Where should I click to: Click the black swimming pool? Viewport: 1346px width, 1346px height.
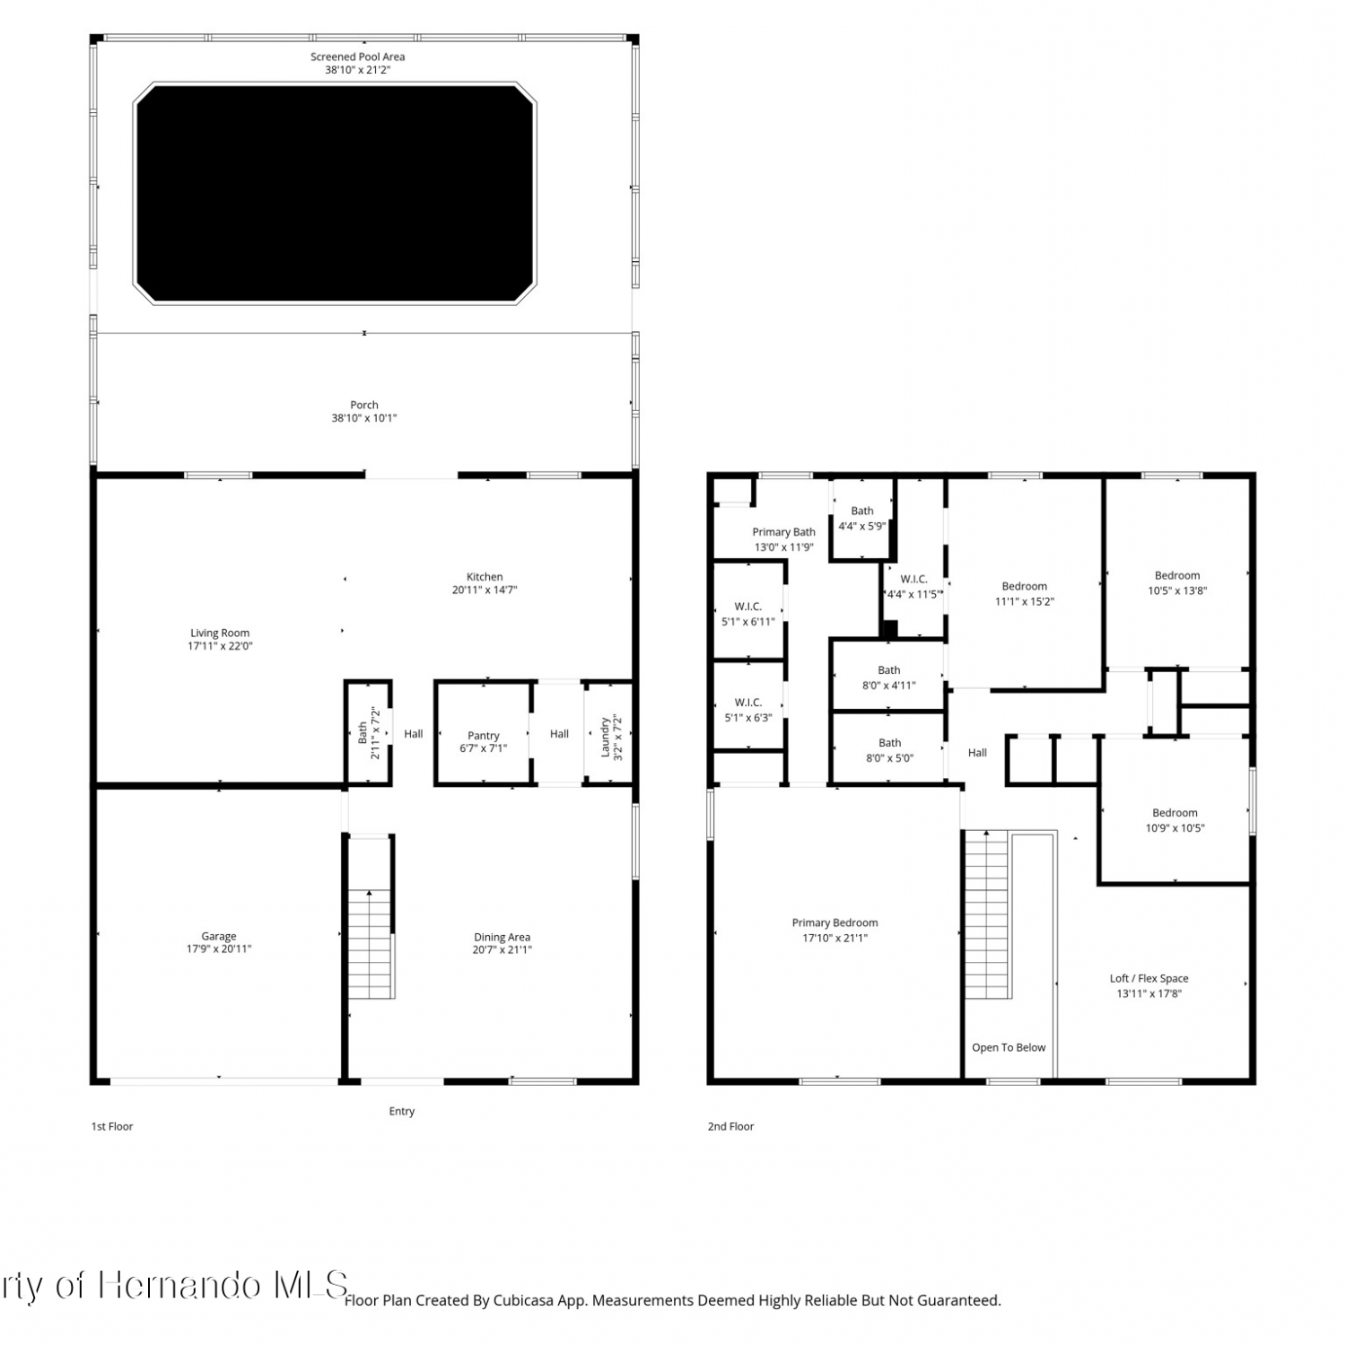click(x=335, y=193)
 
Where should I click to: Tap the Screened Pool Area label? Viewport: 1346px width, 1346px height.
click(x=357, y=57)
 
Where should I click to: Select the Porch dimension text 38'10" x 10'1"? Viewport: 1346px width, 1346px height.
click(x=363, y=418)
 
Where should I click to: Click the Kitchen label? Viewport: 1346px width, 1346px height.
click(x=485, y=577)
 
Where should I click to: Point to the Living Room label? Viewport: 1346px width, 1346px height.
click(x=220, y=633)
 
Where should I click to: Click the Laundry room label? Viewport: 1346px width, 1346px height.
click(x=606, y=737)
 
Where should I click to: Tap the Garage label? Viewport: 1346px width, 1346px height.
click(x=219, y=936)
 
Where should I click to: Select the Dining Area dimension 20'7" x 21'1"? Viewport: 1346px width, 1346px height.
click(x=503, y=949)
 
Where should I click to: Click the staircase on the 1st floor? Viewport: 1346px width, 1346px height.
click(x=371, y=944)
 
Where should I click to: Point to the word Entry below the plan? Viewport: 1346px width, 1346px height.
click(x=402, y=1111)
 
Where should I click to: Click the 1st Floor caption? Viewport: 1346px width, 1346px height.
click(x=112, y=1126)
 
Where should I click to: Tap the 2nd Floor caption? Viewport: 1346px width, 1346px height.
click(x=730, y=1126)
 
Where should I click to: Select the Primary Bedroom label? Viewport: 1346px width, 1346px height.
click(x=835, y=922)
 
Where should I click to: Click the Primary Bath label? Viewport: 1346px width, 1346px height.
click(x=783, y=532)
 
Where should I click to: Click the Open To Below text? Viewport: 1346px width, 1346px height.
click(x=1009, y=1047)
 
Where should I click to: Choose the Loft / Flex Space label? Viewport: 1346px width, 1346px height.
click(x=1149, y=978)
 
